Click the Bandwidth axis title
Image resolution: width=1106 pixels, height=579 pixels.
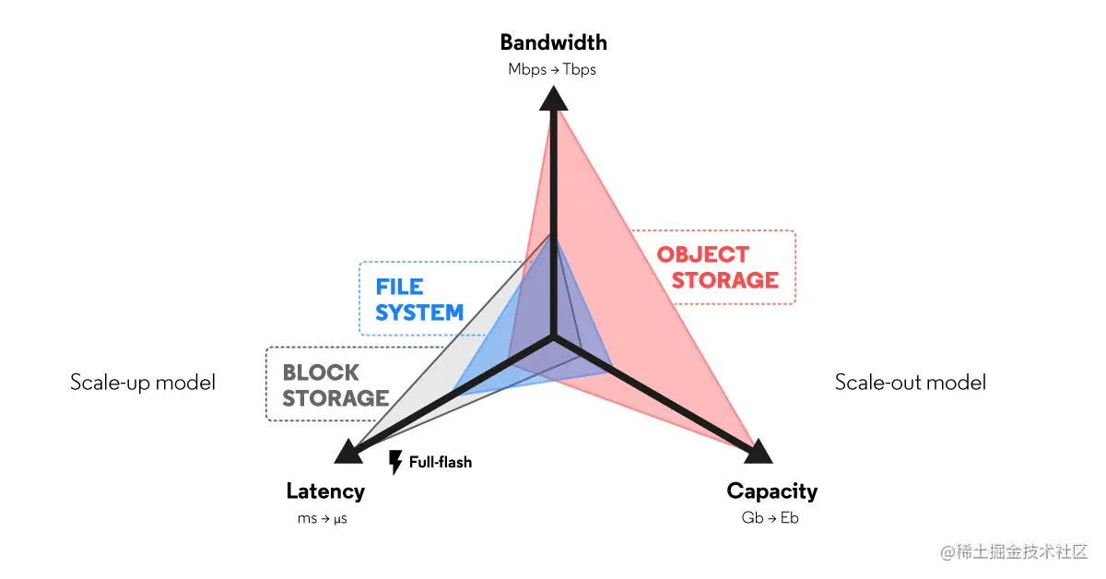553,42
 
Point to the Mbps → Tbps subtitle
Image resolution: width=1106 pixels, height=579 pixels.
552,70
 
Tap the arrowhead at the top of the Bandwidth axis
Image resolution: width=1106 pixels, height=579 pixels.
552,98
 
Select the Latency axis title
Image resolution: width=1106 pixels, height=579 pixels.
324,491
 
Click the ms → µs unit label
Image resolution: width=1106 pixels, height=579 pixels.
322,518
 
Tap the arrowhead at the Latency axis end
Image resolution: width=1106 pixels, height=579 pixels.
347,451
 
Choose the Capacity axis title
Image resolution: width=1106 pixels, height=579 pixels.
771,491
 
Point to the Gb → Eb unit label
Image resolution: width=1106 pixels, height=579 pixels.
770,518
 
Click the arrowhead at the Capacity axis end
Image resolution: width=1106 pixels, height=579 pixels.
758,451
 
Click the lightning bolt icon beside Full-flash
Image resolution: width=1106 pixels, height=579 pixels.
396,462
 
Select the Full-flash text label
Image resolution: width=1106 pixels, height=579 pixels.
441,462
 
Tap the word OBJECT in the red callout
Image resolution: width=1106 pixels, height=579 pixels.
702,254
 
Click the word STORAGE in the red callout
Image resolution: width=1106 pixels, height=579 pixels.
724,280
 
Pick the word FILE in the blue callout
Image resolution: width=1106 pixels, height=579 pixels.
399,287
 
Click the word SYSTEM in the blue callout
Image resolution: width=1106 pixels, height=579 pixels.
419,313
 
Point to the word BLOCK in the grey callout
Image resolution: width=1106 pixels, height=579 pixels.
321,373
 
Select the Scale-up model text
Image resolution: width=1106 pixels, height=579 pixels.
143,383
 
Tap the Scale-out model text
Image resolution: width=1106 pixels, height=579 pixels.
910,383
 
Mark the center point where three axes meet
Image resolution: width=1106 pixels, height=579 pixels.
552,338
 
